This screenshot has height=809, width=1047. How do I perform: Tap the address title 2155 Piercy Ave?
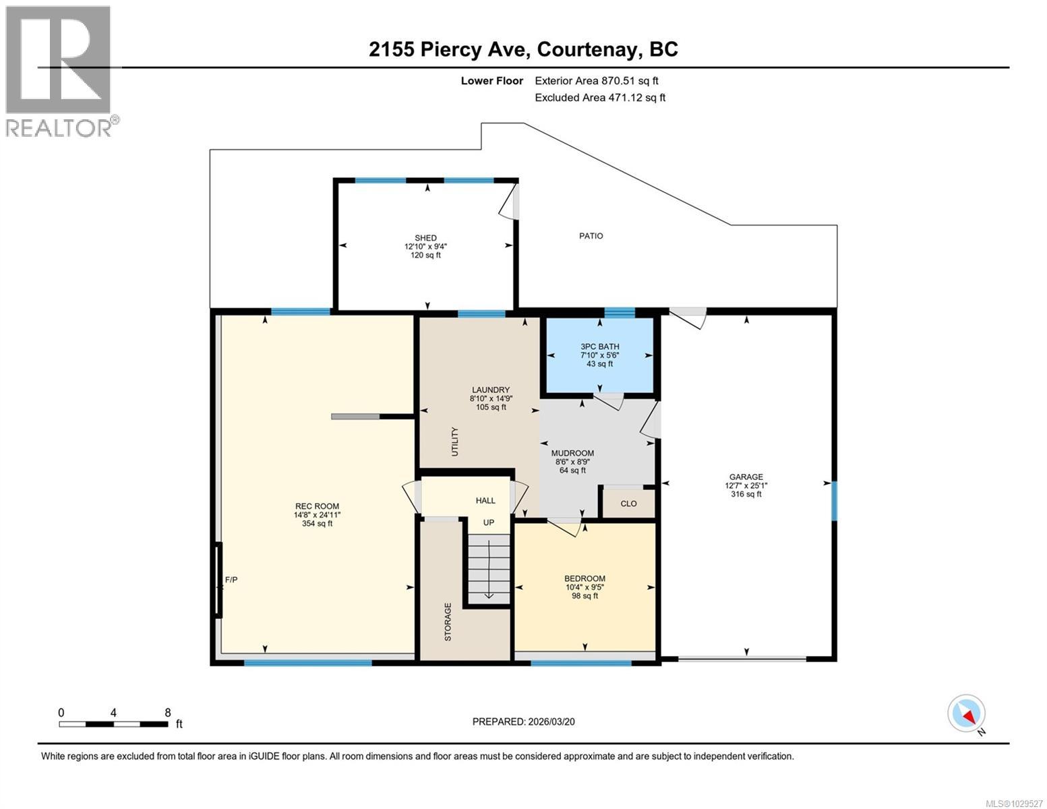tap(523, 49)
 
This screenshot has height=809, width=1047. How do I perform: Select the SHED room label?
tap(425, 238)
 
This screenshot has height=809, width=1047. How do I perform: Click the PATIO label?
tap(591, 236)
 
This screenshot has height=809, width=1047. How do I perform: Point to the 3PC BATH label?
tap(599, 347)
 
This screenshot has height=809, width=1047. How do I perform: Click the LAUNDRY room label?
tap(490, 390)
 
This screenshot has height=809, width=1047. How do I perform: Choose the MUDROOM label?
tap(572, 453)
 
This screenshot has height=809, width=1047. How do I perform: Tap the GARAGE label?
tap(746, 477)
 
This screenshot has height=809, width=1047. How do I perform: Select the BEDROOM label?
tap(585, 578)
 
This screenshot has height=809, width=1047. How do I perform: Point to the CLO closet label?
tap(628, 504)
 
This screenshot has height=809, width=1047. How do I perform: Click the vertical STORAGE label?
tap(448, 622)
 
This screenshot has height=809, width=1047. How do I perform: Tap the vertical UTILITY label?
tap(454, 442)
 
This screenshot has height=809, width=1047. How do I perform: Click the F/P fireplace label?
tap(231, 580)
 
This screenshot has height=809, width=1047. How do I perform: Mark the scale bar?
tap(113, 724)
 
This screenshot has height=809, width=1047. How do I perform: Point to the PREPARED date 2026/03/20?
tap(523, 721)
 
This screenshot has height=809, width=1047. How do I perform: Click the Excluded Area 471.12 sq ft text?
tap(599, 98)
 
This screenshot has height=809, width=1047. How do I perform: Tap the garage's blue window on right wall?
tap(834, 500)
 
